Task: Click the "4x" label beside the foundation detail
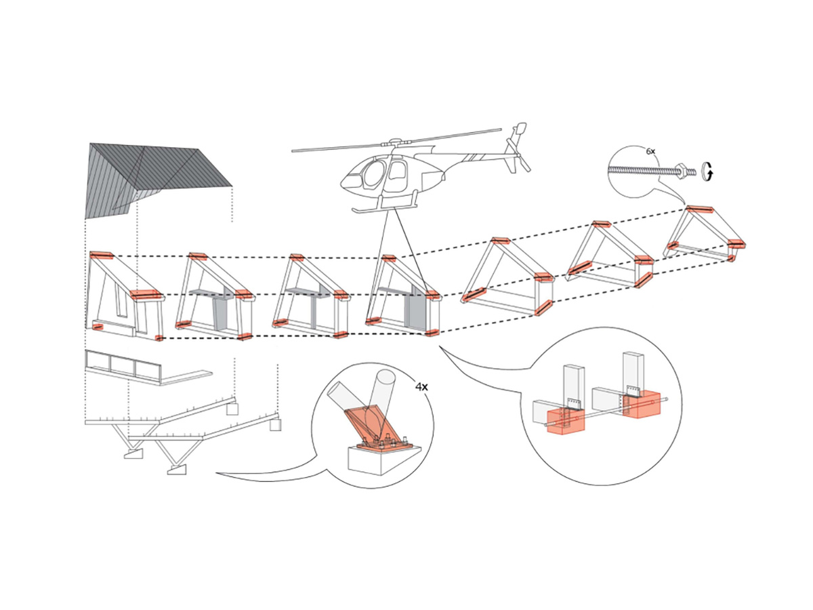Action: click(421, 386)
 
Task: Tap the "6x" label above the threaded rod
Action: click(650, 152)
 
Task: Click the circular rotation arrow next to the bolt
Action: click(709, 171)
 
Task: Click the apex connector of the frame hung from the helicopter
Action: click(388, 258)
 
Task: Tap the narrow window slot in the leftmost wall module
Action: click(118, 301)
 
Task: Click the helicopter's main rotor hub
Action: click(392, 144)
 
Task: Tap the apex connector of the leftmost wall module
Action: click(100, 256)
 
